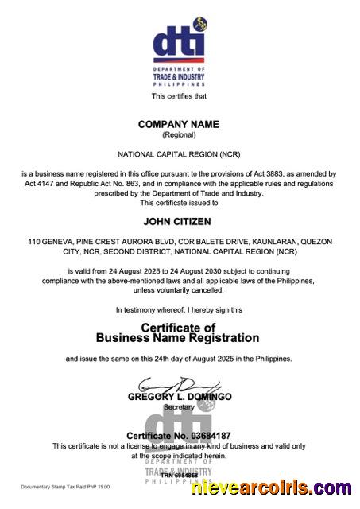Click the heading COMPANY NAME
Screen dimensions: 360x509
coord(179,125)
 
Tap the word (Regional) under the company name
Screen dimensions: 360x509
coord(179,135)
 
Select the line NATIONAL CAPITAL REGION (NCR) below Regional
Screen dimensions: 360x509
coord(179,153)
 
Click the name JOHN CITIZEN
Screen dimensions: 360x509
coord(177,222)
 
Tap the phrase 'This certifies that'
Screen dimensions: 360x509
coord(179,96)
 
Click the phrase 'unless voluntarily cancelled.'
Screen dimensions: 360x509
coord(179,291)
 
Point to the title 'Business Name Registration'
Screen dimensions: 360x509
coord(178,338)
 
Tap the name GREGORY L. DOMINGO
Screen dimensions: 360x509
coord(180,396)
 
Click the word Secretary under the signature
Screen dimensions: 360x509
coord(179,406)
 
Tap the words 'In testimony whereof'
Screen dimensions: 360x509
coord(149,309)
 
